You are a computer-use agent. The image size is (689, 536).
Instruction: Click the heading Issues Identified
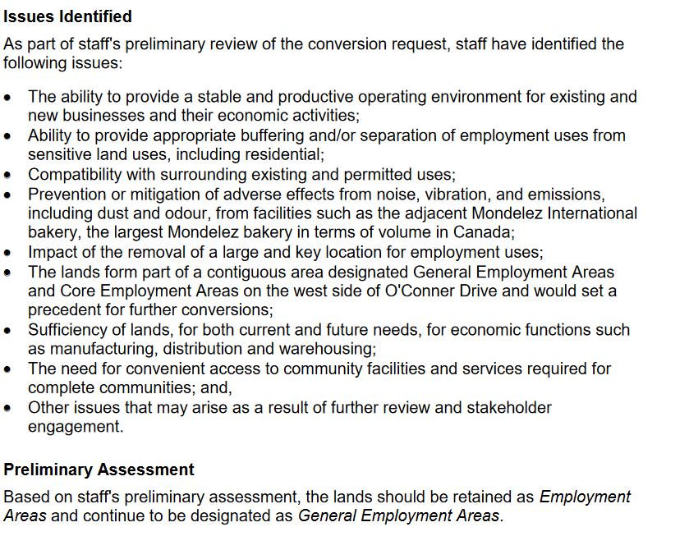pos(67,16)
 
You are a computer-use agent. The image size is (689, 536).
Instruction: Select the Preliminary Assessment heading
pos(99,470)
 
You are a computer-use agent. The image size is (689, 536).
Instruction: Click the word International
pos(586,213)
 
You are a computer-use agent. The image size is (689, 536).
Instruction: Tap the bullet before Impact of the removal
pos(8,254)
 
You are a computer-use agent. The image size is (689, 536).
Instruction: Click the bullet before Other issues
pos(8,408)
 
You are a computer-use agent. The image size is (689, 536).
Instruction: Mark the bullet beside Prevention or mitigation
pos(8,195)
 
